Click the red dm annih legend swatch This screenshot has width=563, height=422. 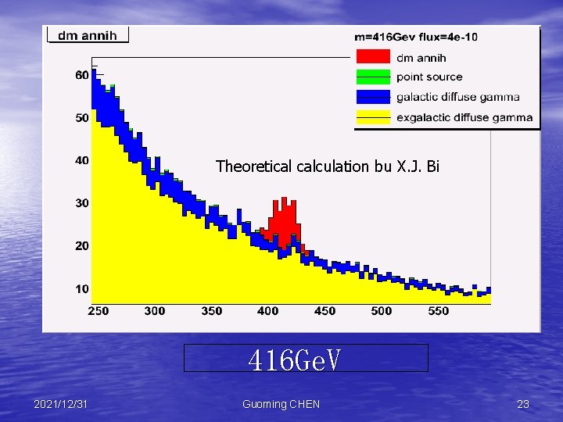click(372, 56)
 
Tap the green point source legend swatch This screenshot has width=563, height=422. click(372, 77)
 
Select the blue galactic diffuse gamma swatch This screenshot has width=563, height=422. click(372, 97)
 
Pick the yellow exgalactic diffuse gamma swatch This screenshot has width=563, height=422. click(372, 117)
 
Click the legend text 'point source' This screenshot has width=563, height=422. click(429, 77)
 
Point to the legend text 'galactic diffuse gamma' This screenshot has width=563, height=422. click(457, 97)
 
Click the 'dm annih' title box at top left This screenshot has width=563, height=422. click(88, 34)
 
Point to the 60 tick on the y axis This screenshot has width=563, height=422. click(82, 76)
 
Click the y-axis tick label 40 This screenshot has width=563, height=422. click(82, 161)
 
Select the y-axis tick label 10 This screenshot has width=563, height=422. click(82, 289)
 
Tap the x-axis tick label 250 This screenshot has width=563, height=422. click(98, 311)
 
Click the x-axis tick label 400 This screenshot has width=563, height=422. click(268, 311)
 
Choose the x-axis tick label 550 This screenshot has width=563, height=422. click(439, 311)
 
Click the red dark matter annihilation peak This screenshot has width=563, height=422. click(284, 218)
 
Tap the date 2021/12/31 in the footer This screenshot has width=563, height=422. click(61, 404)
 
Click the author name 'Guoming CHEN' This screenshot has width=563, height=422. click(281, 404)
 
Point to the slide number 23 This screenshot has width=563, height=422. click(523, 404)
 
